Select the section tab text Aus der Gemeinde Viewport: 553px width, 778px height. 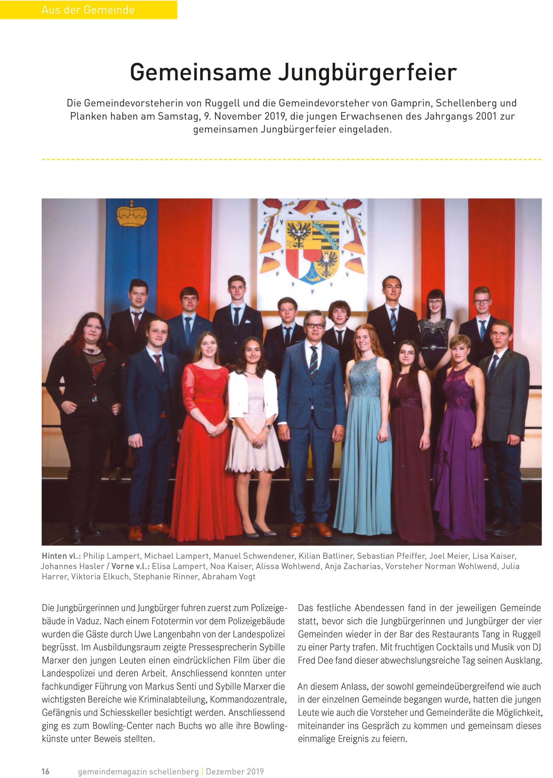pos(88,10)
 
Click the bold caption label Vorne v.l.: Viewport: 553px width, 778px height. pos(130,566)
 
